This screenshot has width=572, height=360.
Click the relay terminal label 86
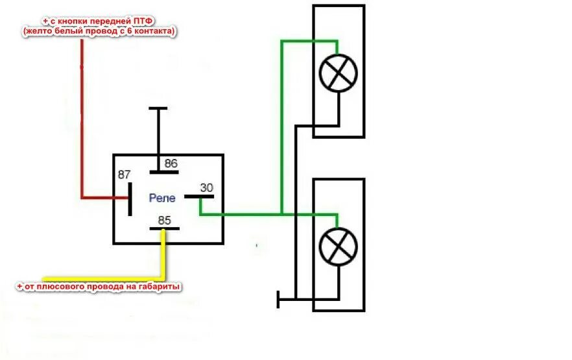[171, 163]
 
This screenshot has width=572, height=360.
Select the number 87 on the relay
[125, 175]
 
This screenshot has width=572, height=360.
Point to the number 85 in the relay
[164, 221]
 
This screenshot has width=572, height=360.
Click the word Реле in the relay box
[161, 197]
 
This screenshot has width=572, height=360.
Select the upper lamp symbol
[339, 72]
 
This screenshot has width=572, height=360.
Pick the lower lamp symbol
[339, 247]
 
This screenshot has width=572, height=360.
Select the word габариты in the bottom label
[157, 286]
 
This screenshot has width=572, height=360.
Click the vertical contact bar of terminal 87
[130, 198]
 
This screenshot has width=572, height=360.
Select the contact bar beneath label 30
[198, 195]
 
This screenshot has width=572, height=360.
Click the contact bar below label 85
[164, 229]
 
